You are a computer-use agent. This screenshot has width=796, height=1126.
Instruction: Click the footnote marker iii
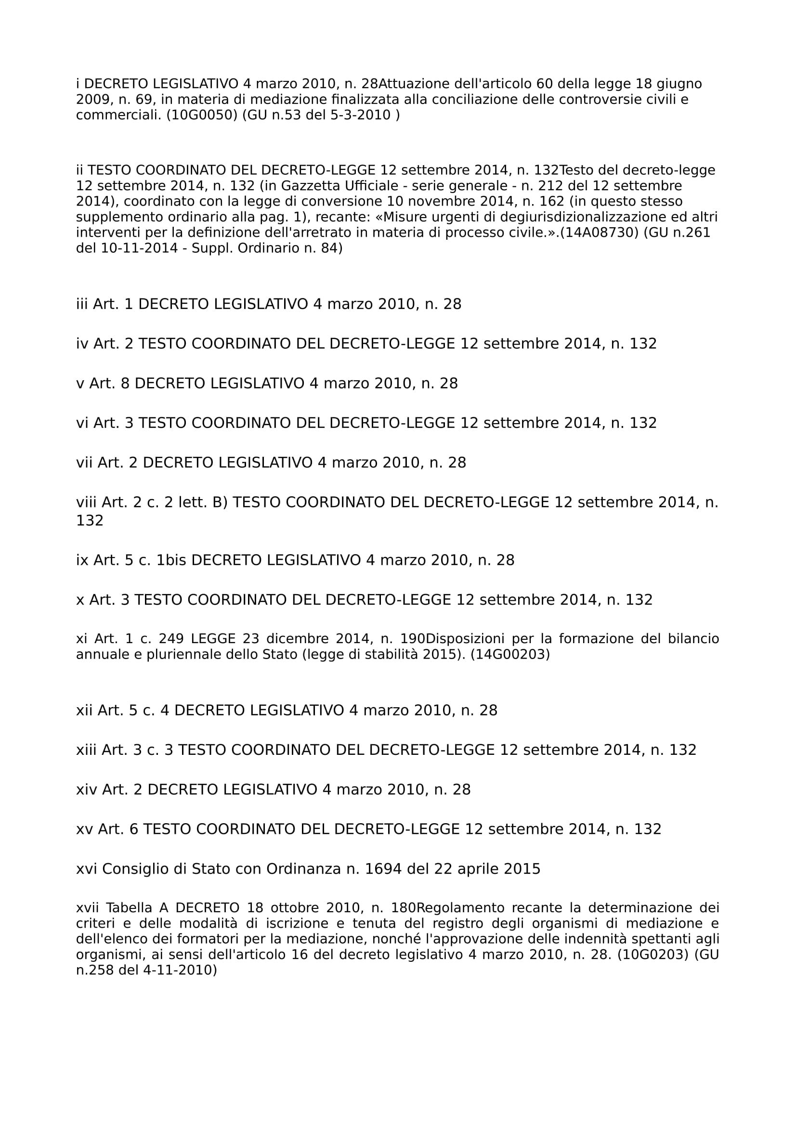click(x=81, y=304)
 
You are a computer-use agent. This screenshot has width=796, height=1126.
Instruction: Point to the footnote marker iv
click(x=82, y=344)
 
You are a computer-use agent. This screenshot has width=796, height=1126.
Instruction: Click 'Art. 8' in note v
click(x=109, y=384)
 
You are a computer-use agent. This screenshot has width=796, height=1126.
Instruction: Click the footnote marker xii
click(x=84, y=710)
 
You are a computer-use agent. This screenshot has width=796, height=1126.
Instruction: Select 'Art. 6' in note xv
click(x=118, y=829)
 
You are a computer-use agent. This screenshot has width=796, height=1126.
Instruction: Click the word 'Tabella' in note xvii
click(x=128, y=908)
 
